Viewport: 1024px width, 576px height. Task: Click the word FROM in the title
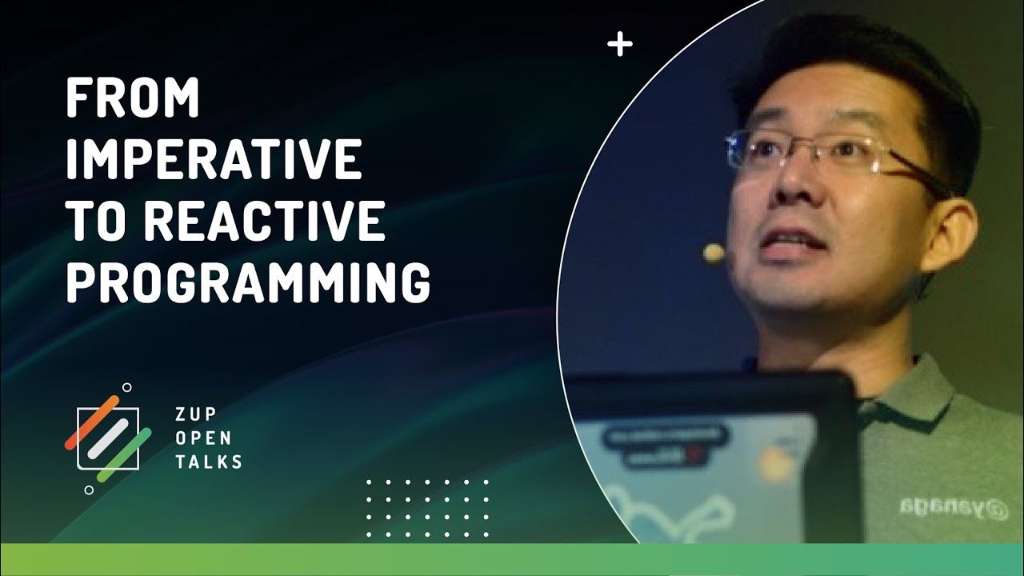[x=132, y=100]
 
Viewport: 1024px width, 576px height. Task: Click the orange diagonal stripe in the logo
[x=91, y=422]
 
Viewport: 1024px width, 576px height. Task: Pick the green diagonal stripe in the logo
[x=124, y=454]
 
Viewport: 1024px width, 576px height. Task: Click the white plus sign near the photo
[x=619, y=45]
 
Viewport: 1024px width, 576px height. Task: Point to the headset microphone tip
[x=714, y=254]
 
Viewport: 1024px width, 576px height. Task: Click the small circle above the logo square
[x=126, y=387]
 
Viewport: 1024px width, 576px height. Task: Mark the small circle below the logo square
[x=89, y=489]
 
